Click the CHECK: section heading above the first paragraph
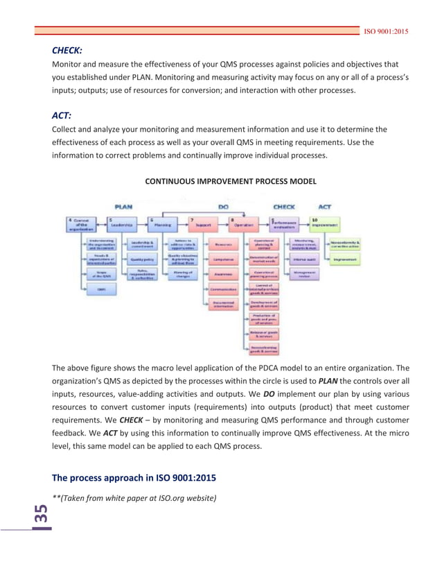(68, 51)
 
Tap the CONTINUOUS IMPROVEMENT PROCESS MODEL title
(231, 181)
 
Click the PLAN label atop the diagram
(123, 207)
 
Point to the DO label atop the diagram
(223, 207)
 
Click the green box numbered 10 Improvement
(324, 224)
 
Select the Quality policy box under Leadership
(143, 259)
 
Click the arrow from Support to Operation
(224, 224)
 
